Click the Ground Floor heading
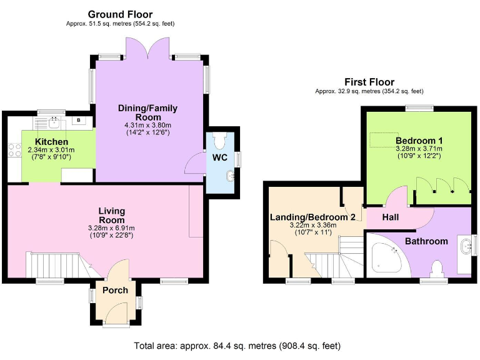120,14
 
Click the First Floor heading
369,82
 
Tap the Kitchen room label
51,142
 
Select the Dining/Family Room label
147,112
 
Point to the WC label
220,157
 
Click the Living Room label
111,216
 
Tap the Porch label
115,290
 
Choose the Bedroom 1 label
418,140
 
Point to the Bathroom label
426,241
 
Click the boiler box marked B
79,120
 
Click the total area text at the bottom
237,346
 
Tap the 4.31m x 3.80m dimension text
147,124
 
